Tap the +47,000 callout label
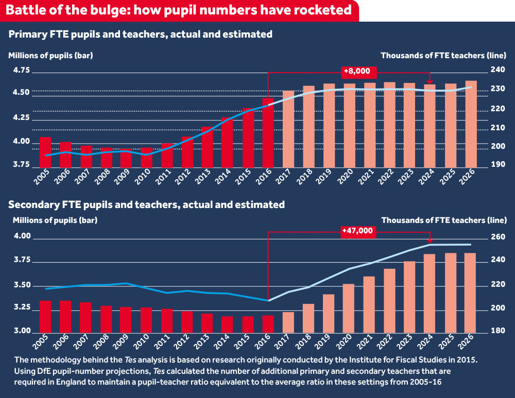[x=357, y=231]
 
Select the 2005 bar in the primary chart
[x=45, y=152]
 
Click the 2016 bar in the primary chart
[x=268, y=132]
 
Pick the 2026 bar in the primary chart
[x=471, y=124]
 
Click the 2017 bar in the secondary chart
[x=288, y=322]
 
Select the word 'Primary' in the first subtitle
[x=24, y=34]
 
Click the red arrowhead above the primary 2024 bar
[x=430, y=81]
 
